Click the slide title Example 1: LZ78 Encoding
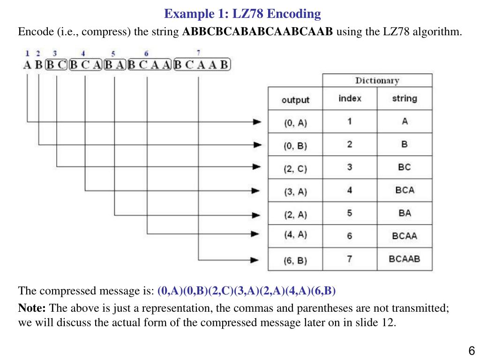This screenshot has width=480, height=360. click(x=242, y=14)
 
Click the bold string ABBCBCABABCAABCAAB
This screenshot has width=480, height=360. click(x=257, y=32)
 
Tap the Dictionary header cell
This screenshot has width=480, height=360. click(x=377, y=80)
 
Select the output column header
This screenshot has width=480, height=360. click(x=295, y=99)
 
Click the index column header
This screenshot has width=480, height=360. click(x=350, y=98)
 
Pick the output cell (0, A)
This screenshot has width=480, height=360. click(x=295, y=123)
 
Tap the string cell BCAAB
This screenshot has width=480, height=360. click(x=404, y=259)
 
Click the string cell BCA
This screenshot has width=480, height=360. click(x=404, y=190)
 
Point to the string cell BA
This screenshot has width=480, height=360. click(x=404, y=213)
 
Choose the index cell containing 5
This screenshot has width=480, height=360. click(x=350, y=213)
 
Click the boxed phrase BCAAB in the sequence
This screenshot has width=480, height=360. click(x=202, y=65)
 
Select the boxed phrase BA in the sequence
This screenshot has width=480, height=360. click(x=114, y=65)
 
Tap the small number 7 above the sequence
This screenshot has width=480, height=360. click(x=199, y=53)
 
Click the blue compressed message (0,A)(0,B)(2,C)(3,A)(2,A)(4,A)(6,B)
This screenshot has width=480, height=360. click(x=247, y=291)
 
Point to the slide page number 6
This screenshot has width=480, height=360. click(x=472, y=351)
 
